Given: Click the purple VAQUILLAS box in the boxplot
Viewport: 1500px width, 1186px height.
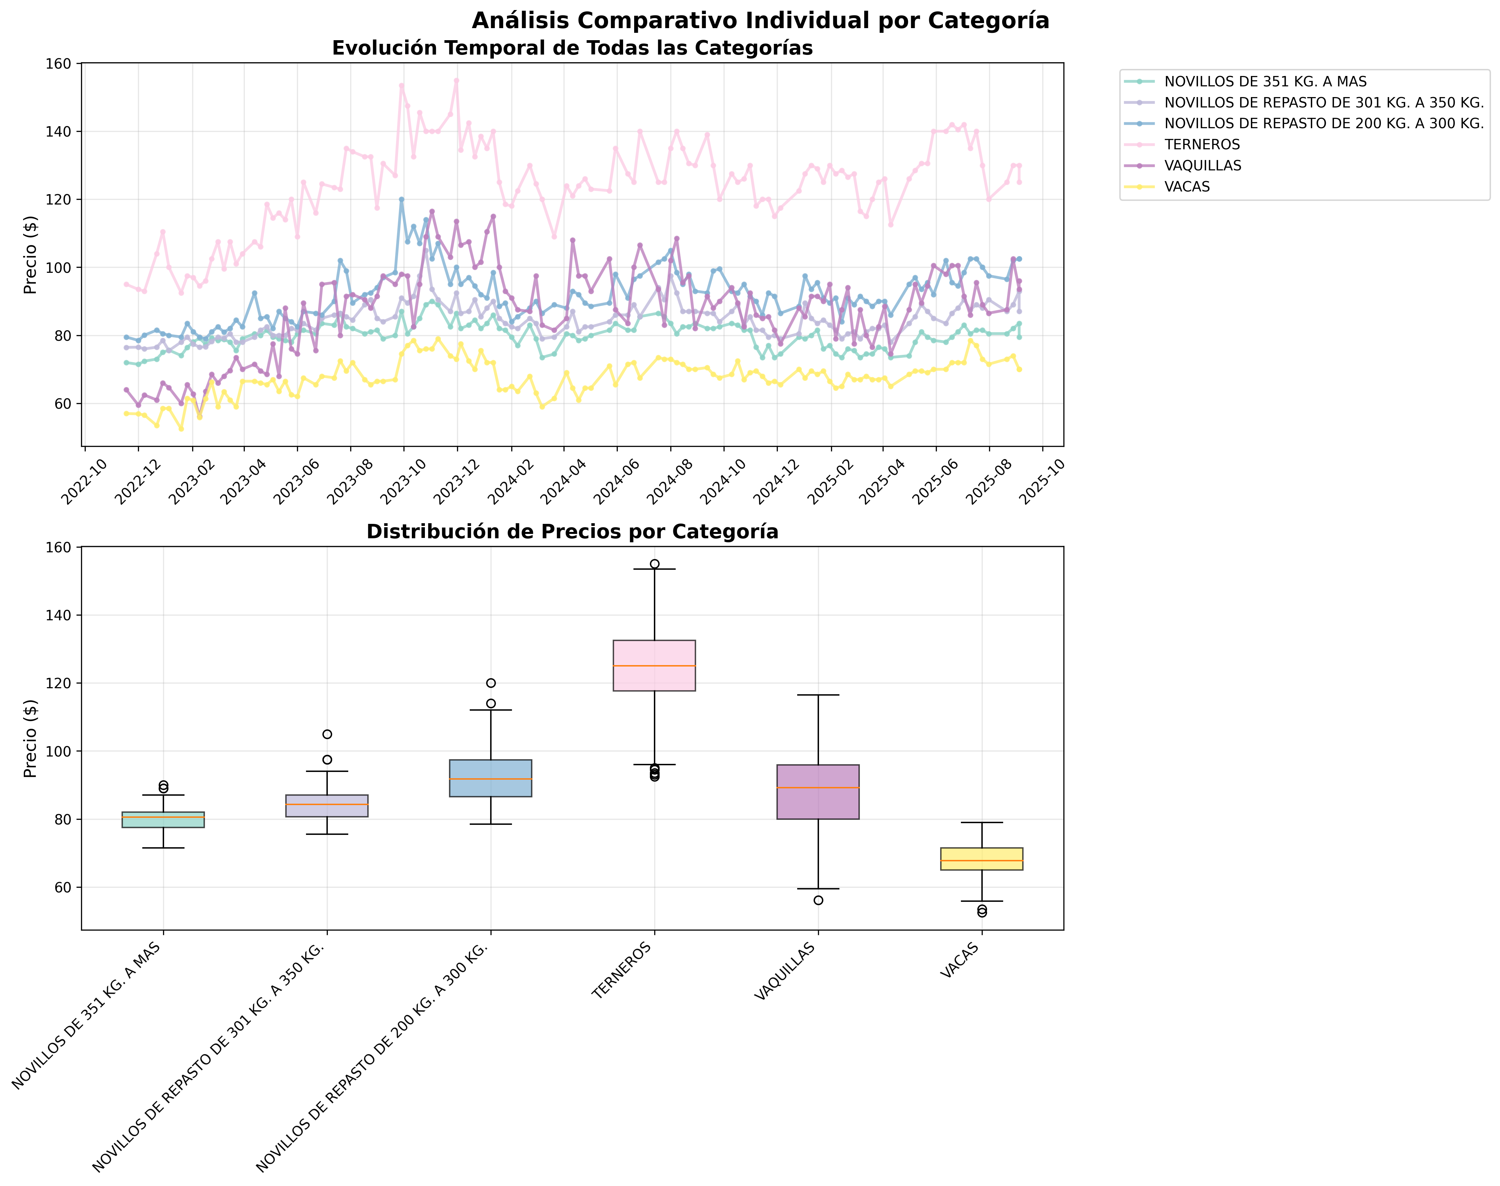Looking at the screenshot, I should [x=818, y=792].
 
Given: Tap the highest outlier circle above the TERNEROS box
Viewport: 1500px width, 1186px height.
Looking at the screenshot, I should [x=654, y=564].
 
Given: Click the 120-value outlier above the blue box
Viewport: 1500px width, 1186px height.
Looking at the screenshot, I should [x=491, y=683].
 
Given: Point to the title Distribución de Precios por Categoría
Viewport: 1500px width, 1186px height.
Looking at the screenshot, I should [x=572, y=532].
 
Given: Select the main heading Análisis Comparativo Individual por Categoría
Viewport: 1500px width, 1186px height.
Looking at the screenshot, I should [x=760, y=21].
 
